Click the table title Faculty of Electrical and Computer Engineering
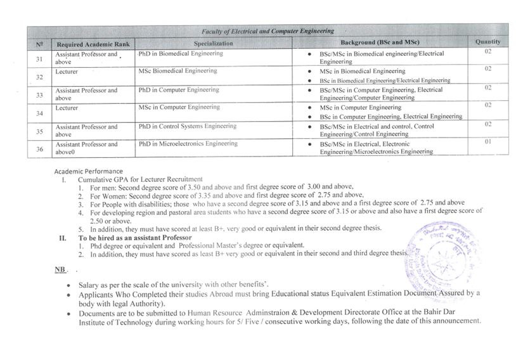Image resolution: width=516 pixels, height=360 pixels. point(268,31)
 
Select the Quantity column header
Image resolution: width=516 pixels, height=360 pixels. point(487,42)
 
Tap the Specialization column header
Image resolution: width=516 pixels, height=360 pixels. point(213,44)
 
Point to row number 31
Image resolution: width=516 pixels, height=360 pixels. point(39,59)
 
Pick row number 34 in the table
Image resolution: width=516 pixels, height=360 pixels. point(39,113)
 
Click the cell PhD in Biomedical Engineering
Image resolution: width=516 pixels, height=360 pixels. point(181,53)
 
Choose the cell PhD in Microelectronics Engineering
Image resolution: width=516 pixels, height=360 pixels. point(188,144)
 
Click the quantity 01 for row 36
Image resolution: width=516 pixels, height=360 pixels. point(487,141)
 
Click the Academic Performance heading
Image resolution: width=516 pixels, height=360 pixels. point(89,171)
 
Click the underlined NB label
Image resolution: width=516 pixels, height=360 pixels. point(60,269)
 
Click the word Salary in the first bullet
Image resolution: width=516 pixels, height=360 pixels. point(89,285)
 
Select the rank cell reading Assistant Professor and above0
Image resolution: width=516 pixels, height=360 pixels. point(86,148)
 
